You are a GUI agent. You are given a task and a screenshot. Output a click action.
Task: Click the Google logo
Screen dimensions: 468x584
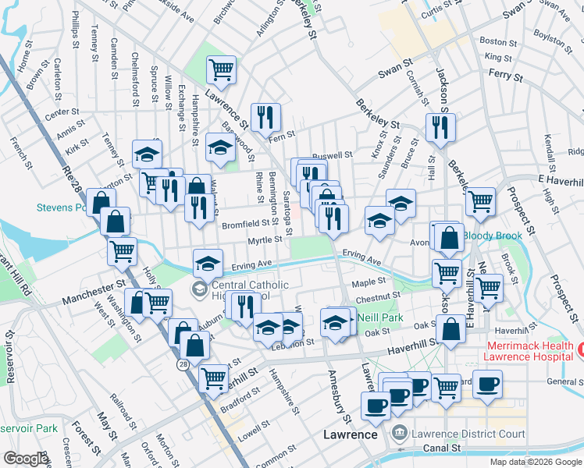[26, 459]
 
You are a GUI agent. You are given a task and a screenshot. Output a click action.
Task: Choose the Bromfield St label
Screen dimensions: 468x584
[245, 225]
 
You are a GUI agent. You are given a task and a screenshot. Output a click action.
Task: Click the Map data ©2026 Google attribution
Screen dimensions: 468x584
[535, 462]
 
